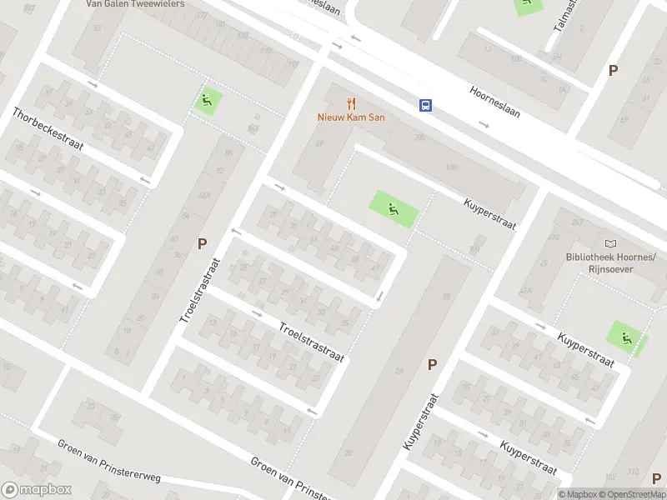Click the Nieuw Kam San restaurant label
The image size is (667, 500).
(x=351, y=117)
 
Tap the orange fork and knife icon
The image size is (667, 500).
(x=351, y=104)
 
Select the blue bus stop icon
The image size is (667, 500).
(x=425, y=105)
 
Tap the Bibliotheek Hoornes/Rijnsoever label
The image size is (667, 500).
(x=611, y=262)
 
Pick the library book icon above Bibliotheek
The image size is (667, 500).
(x=611, y=243)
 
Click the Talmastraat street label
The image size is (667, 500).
(x=566, y=17)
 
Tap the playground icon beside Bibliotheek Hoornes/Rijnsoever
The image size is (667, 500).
(x=625, y=337)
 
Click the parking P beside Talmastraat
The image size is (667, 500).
(x=613, y=71)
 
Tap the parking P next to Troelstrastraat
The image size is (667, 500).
(x=202, y=244)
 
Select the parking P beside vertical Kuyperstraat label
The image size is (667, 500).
(x=432, y=364)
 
